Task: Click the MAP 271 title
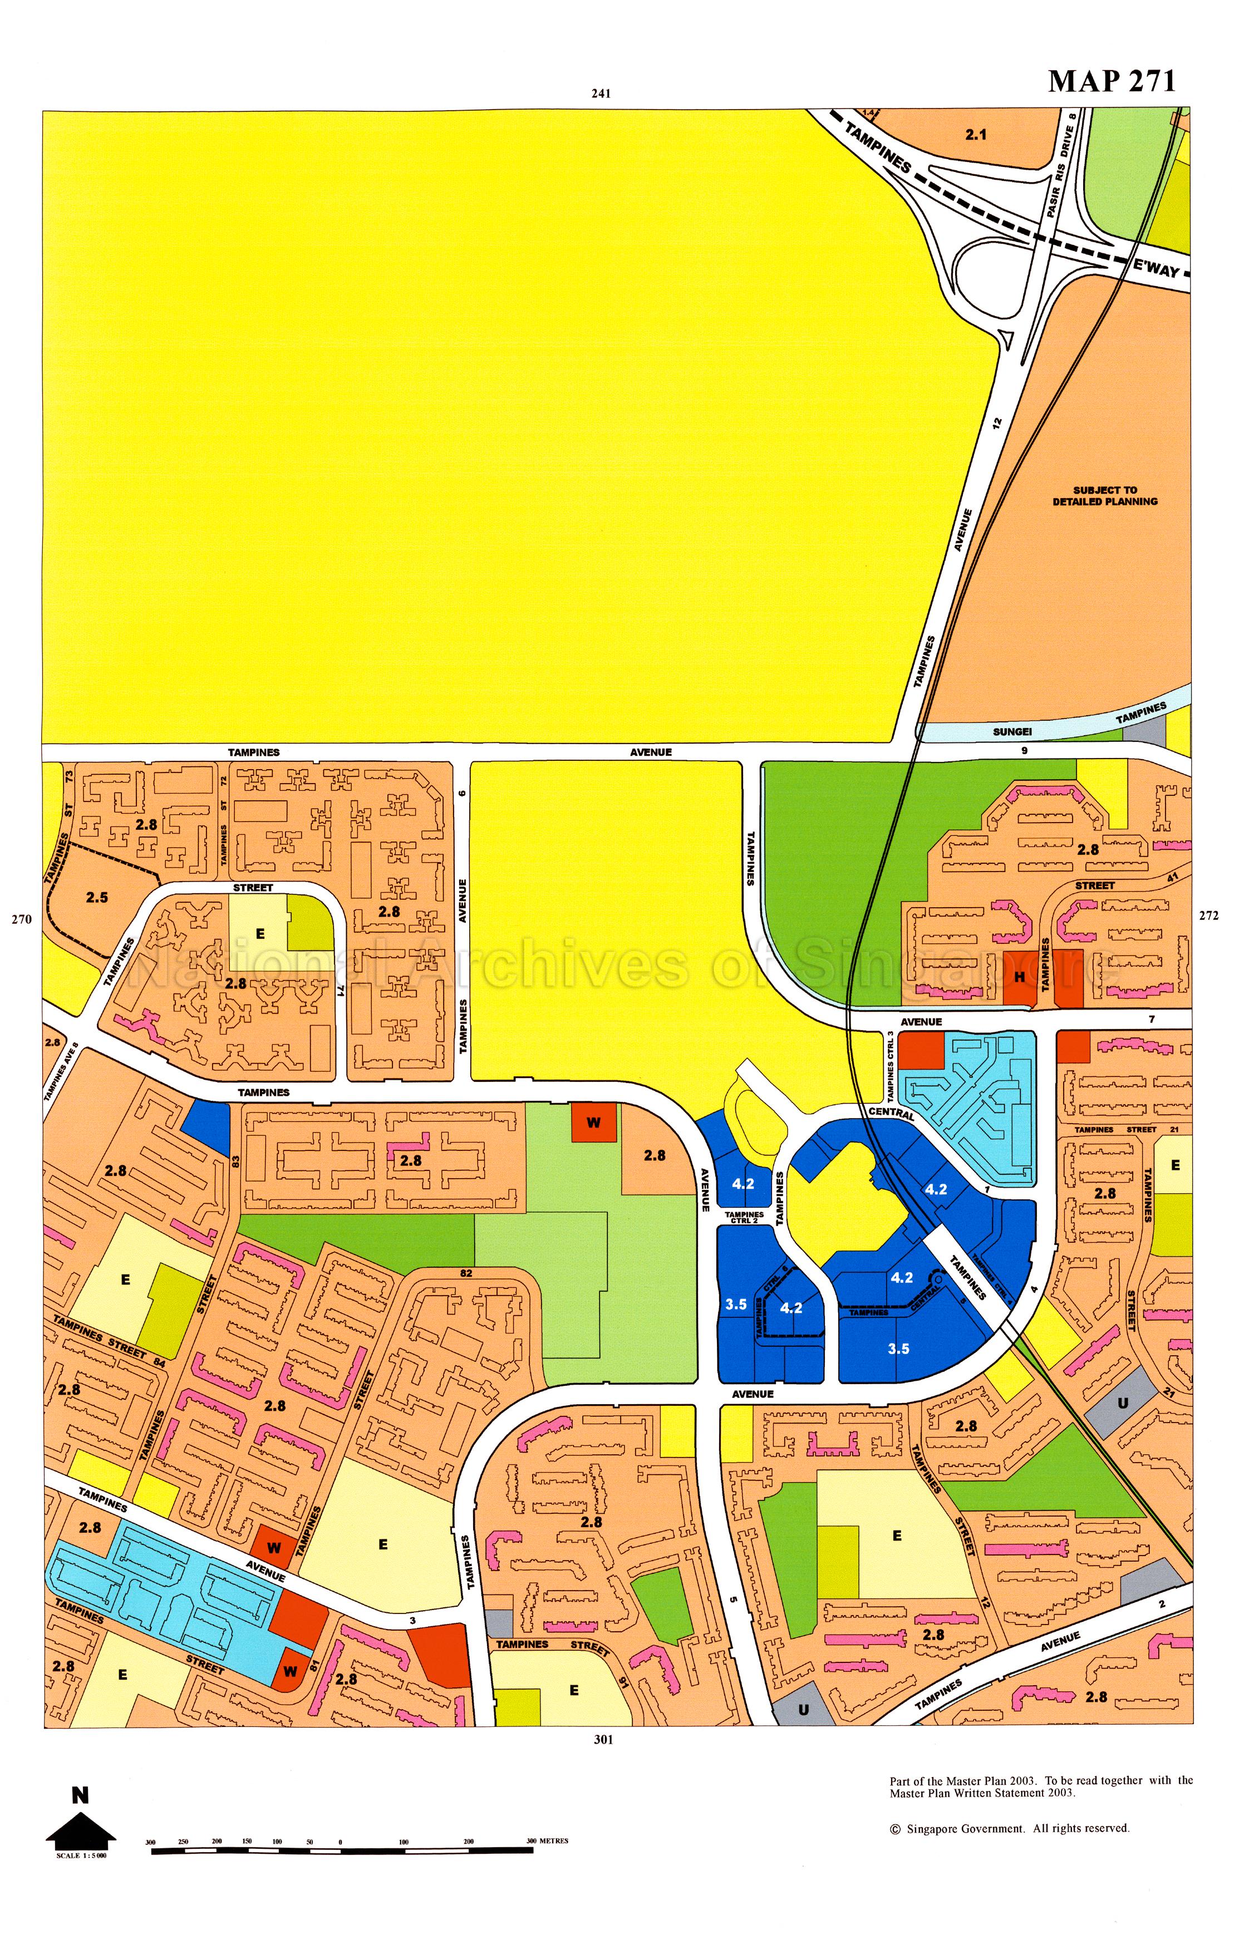(1111, 81)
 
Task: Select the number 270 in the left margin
(21, 919)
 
